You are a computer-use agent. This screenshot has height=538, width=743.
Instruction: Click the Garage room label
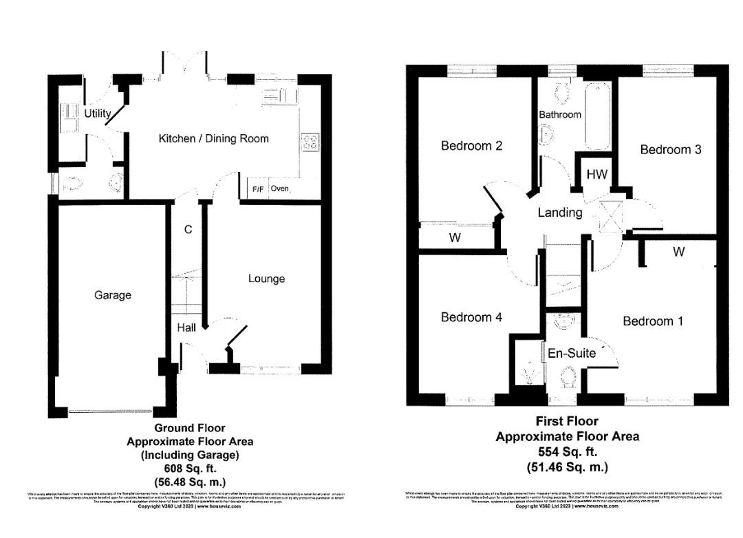point(113,295)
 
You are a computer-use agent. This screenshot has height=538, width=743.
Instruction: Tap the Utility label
point(97,114)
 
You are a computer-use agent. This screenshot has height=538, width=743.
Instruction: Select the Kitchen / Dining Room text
point(213,139)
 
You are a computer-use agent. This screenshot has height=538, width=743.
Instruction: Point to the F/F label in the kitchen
point(258,189)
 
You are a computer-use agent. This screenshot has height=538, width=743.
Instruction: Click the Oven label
point(279,189)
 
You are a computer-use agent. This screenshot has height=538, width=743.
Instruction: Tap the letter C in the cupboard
point(187,230)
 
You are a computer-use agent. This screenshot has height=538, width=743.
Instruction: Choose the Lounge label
point(266,279)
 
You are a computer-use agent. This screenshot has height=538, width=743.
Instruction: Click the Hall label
point(186,327)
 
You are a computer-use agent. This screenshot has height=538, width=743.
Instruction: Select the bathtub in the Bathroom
point(598,116)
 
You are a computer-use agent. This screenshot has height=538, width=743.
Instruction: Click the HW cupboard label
point(596,175)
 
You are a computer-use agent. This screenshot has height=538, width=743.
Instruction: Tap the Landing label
point(560,213)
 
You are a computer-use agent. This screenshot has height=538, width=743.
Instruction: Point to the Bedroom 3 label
point(671,149)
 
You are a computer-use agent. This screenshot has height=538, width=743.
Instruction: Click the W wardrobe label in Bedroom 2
point(455,238)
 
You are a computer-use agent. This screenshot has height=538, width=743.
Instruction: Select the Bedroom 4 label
point(471,317)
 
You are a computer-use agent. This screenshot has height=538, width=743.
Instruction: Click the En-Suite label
point(568,354)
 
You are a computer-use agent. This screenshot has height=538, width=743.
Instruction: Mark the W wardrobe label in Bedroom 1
point(679,252)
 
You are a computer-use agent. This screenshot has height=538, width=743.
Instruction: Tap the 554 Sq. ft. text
point(567,452)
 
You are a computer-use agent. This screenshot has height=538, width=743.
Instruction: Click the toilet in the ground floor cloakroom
point(72,183)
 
